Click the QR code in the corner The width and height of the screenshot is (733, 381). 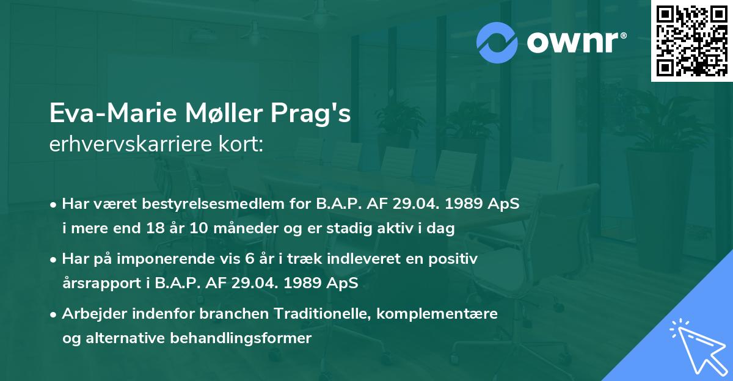tap(691, 40)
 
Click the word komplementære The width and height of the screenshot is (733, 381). tap(437, 314)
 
